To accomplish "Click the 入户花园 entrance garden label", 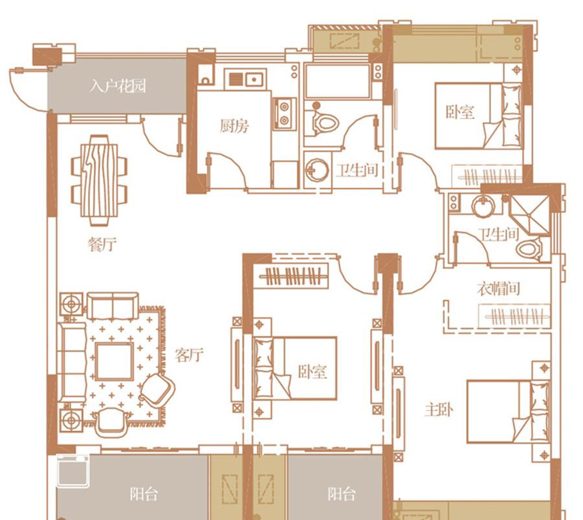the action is click(117, 86).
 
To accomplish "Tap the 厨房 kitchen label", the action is click(234, 126).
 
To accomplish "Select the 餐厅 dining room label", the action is click(102, 244).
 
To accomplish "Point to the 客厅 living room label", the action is click(189, 355).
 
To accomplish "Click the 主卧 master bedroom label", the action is click(439, 410).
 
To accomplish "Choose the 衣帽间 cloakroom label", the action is click(498, 288).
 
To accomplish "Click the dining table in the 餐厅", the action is click(99, 180).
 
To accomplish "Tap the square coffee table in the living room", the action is click(114, 361).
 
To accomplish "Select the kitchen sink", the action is click(246, 79).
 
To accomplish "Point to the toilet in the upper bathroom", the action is click(323, 121).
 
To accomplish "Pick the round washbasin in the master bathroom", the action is click(483, 205).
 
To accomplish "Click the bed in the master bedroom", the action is click(509, 411).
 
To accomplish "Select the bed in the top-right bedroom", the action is click(479, 116).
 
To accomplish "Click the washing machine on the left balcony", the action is click(73, 470).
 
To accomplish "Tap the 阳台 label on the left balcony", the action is click(144, 494).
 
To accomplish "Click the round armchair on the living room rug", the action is click(157, 389).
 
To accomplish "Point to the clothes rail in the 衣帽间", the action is click(514, 317).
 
